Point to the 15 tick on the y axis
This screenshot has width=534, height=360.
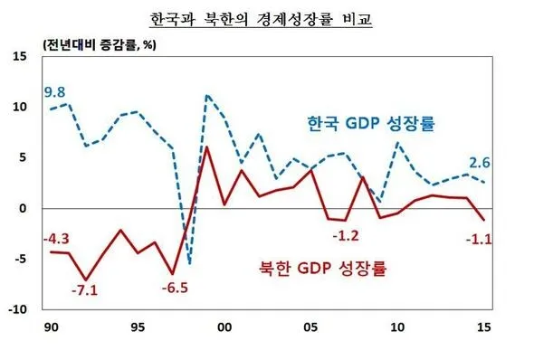click(x=20, y=57)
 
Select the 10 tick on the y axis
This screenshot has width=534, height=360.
click(x=20, y=108)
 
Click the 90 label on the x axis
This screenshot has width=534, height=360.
click(x=49, y=327)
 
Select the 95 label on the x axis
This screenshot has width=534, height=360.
click(x=136, y=327)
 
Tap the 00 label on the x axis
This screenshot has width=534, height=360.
click(x=224, y=327)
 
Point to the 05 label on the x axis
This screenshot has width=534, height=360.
click(x=310, y=327)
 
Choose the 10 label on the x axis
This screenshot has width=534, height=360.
click(x=397, y=327)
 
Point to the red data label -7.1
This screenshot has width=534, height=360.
click(x=86, y=291)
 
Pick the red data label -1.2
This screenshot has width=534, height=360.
click(x=346, y=236)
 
